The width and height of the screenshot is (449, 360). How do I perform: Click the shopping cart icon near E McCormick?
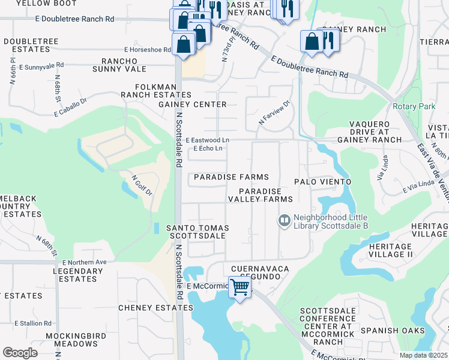(x=240, y=287)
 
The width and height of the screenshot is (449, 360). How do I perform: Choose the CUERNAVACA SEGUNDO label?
(x=256, y=272)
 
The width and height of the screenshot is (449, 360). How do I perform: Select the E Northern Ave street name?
(x=83, y=262)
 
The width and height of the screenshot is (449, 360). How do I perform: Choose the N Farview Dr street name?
(x=274, y=112)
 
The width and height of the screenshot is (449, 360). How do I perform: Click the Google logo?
(x=20, y=353)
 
